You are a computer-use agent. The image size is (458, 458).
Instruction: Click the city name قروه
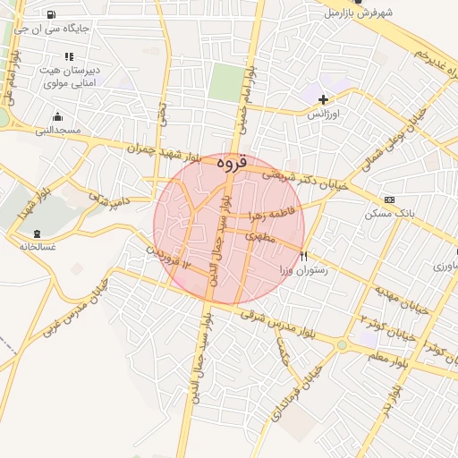[230, 165]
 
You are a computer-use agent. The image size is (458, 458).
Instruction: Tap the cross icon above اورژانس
[323, 99]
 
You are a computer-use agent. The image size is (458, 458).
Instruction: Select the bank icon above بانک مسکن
[388, 199]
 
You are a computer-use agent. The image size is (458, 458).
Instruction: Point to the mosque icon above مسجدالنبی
[58, 116]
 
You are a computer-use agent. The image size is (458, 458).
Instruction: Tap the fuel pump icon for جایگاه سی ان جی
[49, 14]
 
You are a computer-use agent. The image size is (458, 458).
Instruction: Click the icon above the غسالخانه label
[36, 233]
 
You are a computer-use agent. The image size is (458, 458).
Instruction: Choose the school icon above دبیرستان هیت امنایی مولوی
[70, 55]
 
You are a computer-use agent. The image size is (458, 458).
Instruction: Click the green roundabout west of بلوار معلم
[341, 345]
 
